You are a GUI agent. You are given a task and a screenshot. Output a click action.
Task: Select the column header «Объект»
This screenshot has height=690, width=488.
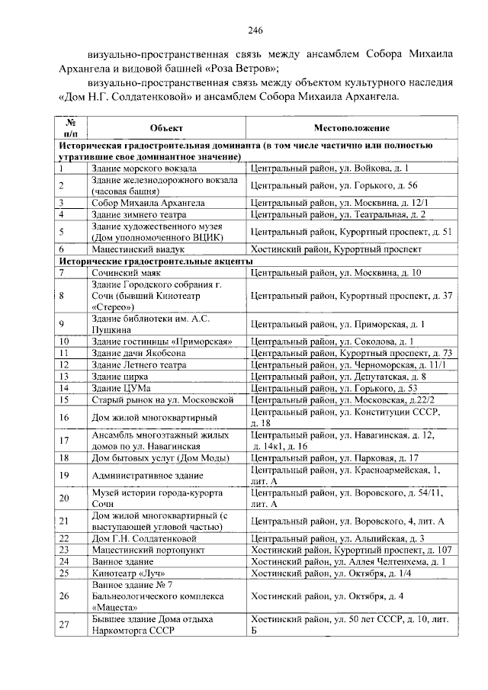[x=167, y=127]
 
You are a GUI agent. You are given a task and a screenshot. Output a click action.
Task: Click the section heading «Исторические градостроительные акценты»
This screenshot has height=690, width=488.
[x=156, y=260]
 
